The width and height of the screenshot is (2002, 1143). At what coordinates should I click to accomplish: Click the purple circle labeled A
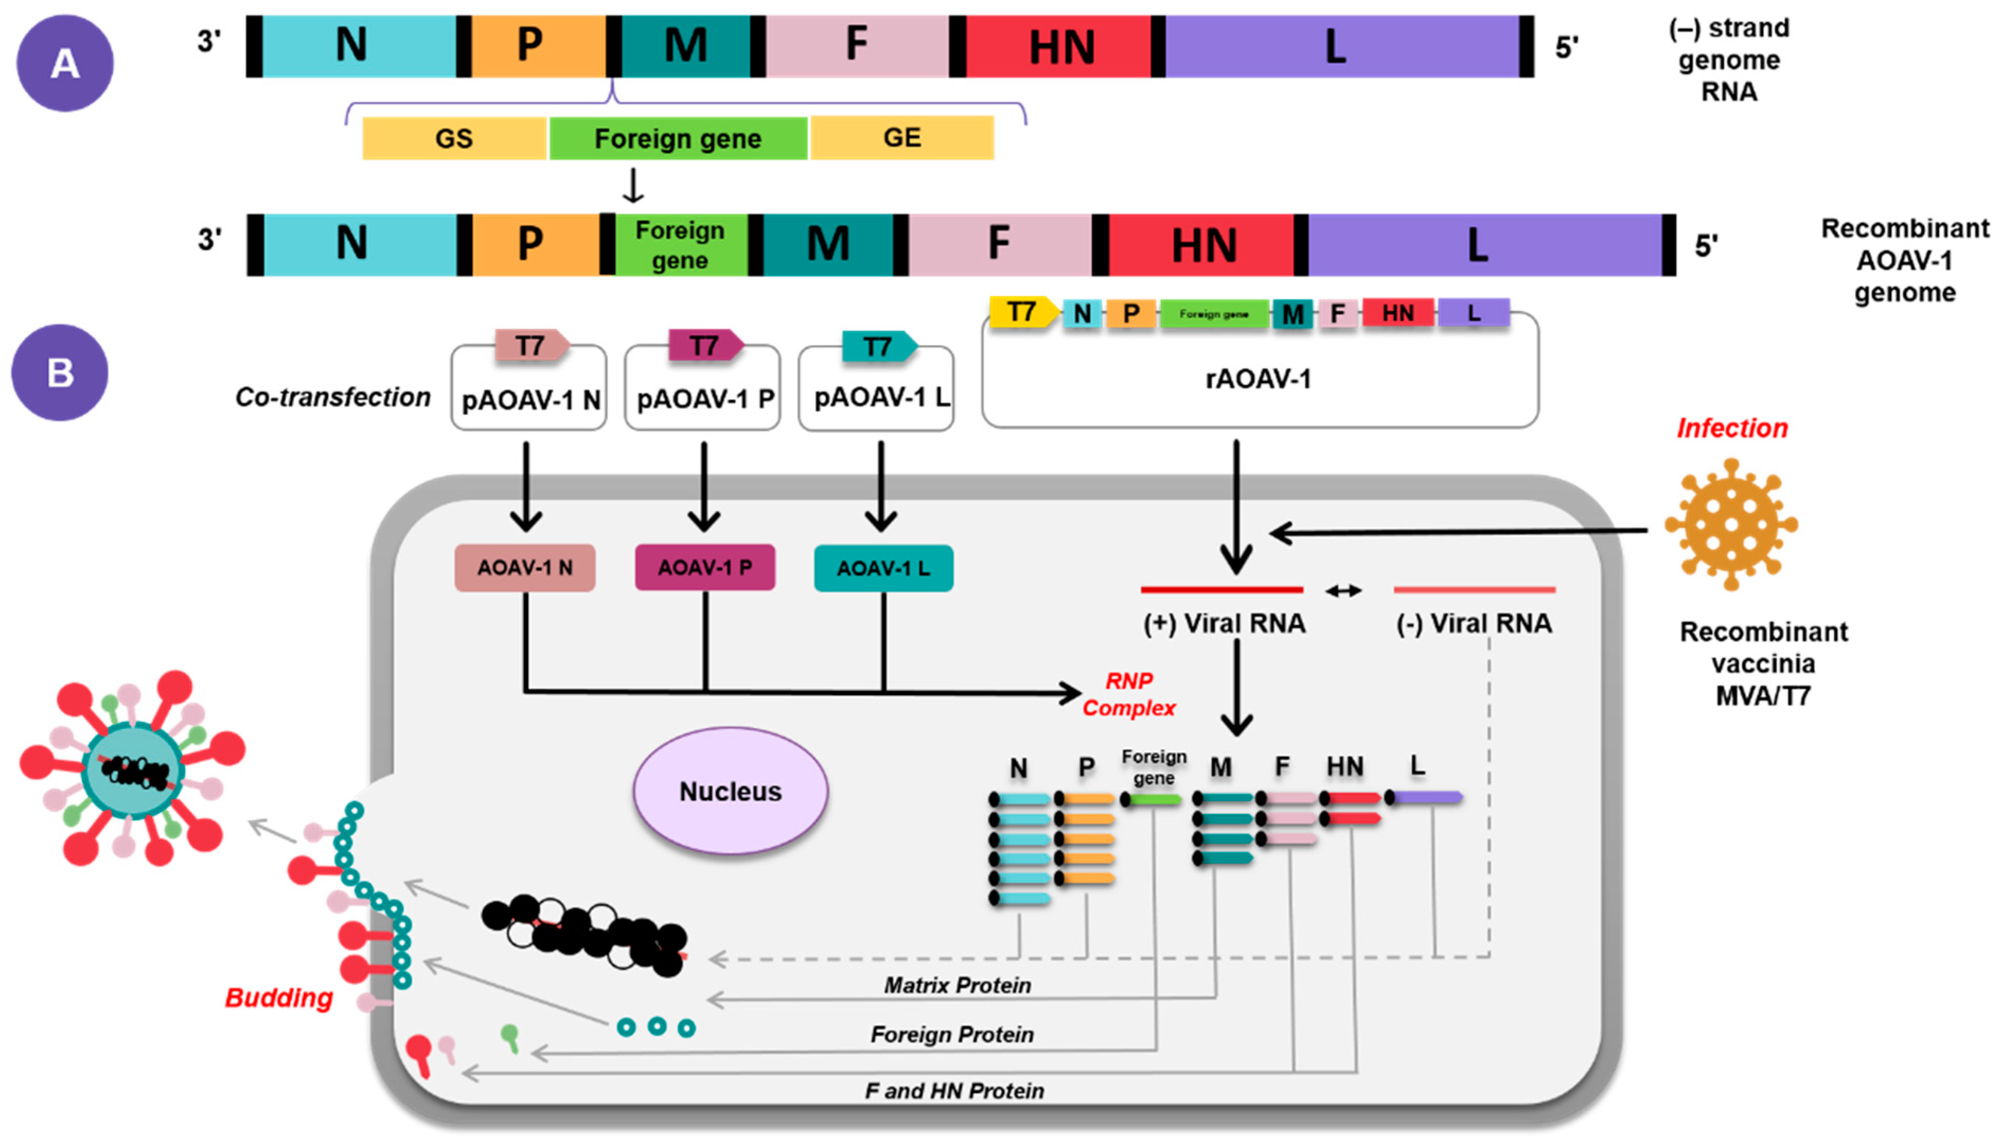[65, 63]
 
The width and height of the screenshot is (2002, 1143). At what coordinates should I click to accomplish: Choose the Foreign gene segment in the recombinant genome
[680, 245]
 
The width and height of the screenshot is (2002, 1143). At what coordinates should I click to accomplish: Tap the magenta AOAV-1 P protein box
[704, 567]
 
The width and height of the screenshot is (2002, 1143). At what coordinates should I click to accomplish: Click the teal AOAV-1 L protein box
[883, 568]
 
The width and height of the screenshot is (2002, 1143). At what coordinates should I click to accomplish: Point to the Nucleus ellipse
[730, 791]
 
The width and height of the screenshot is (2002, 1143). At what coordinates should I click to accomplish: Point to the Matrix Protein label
[957, 985]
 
